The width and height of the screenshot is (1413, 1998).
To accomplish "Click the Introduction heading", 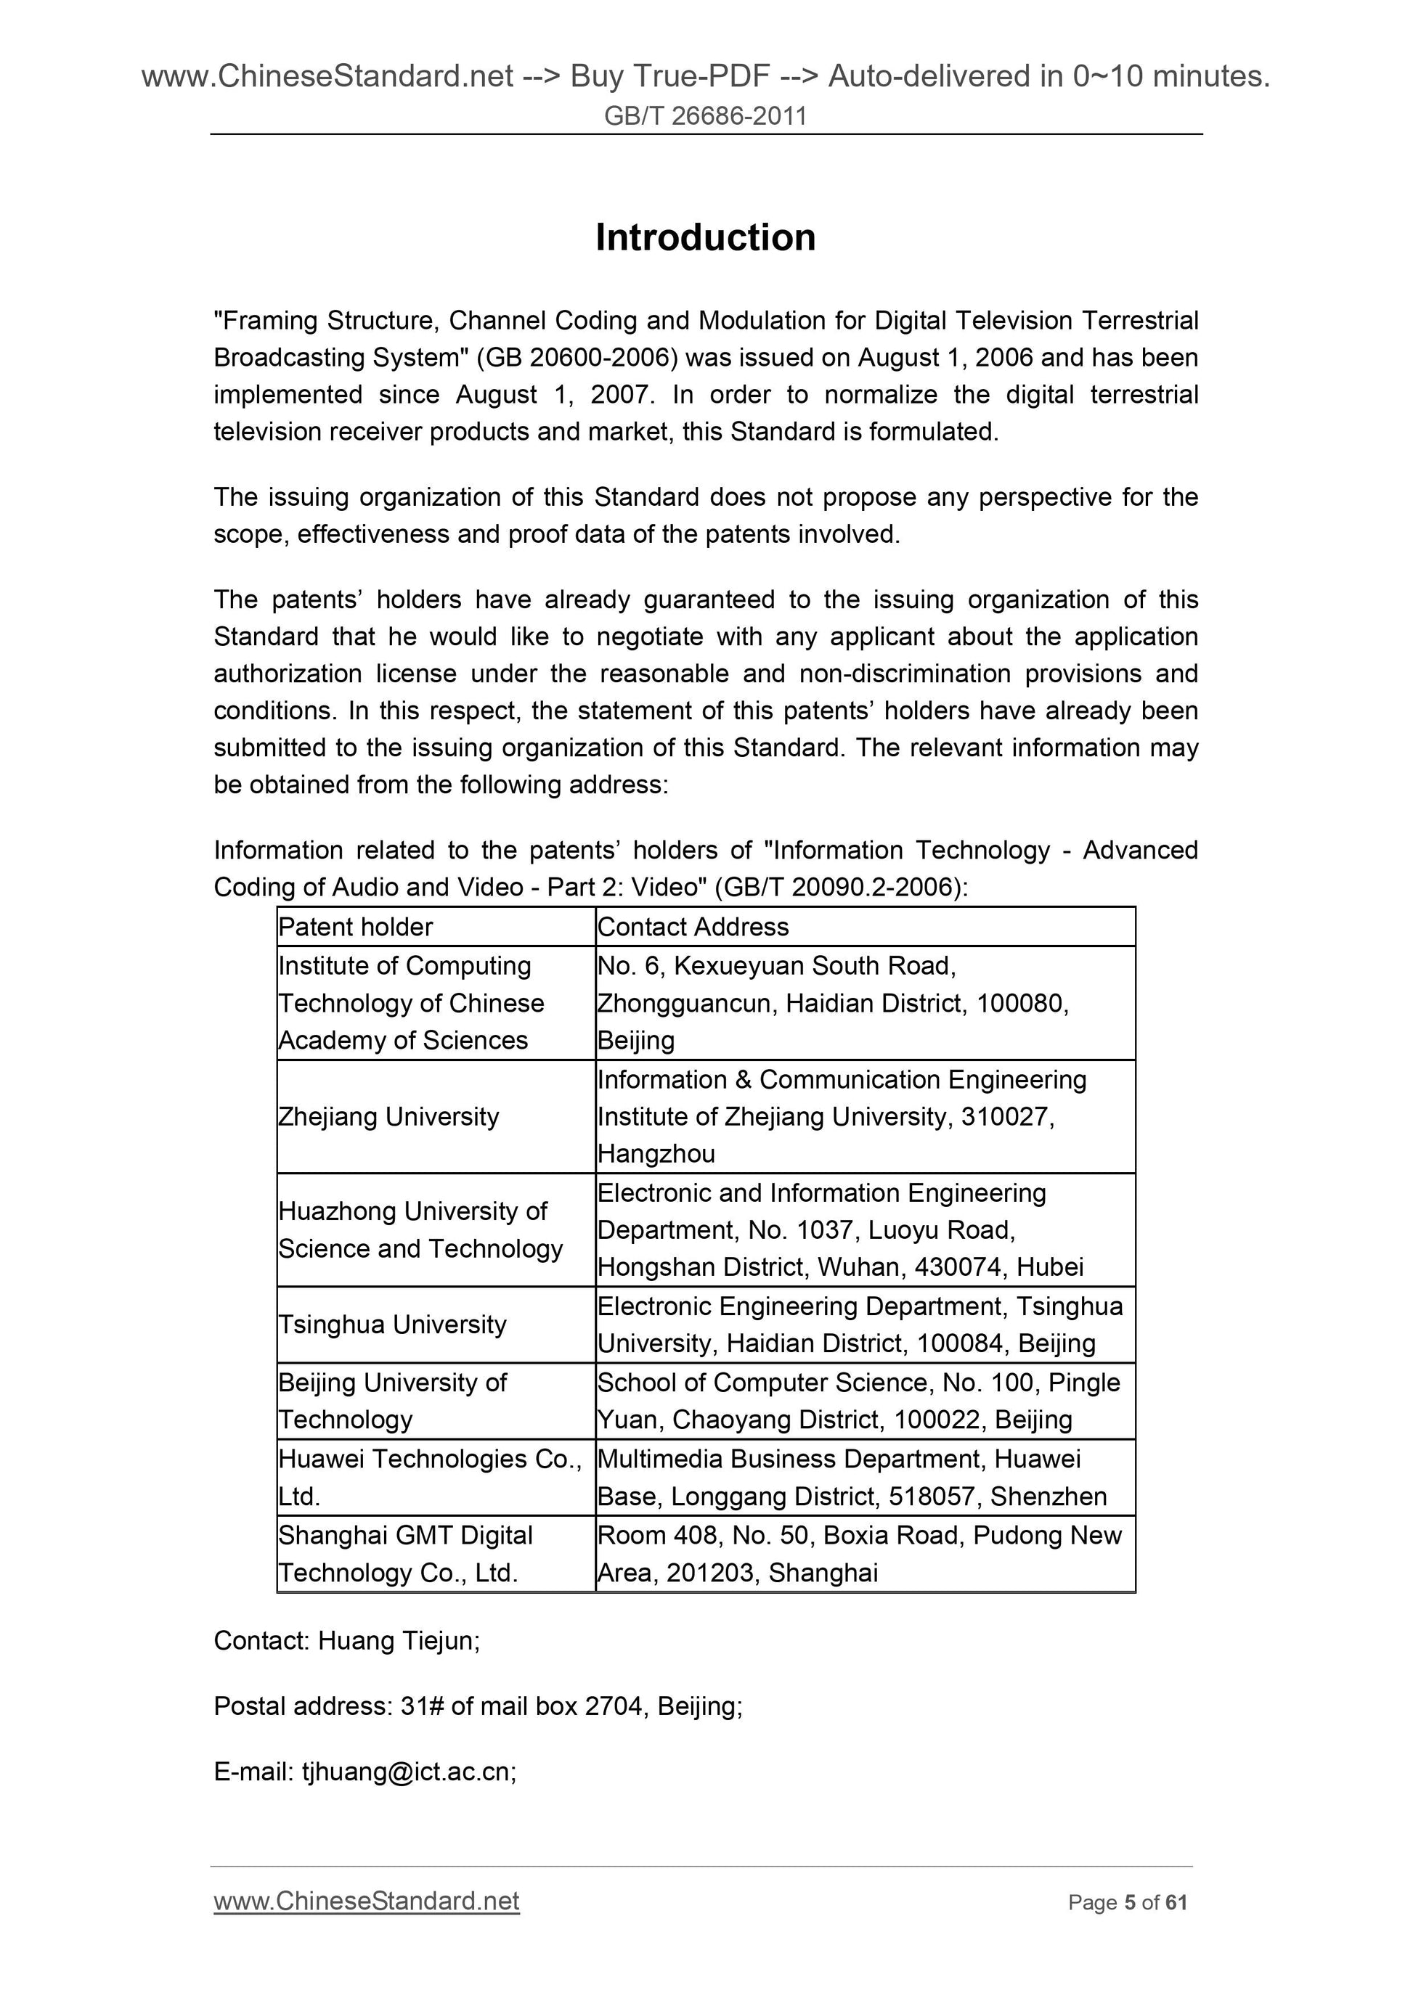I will [x=705, y=237].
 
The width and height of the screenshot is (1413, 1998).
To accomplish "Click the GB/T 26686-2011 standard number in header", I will [x=705, y=115].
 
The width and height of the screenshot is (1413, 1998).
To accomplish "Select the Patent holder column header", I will [x=355, y=927].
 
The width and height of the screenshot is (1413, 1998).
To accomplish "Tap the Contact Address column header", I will [x=693, y=927].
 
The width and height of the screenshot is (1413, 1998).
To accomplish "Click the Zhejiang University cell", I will [x=388, y=1116].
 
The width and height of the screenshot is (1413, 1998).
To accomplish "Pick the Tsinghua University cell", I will [x=392, y=1325].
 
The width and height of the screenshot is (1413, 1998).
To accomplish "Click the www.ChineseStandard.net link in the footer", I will [x=367, y=1901].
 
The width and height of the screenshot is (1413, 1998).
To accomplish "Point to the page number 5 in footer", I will [x=1129, y=1903].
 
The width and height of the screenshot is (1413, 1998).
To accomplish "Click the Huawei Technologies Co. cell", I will [x=429, y=1459].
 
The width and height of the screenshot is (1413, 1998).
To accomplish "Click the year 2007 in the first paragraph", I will [x=621, y=395].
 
